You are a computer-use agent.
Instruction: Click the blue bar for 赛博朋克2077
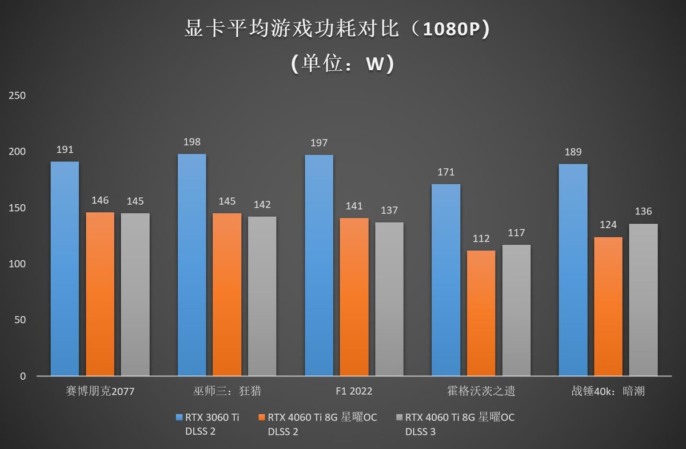[65, 269]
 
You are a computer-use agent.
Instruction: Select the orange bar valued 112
[480, 313]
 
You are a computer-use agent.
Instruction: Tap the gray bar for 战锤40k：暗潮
[643, 300]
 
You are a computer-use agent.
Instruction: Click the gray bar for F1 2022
[389, 299]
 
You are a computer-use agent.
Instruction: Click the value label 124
[608, 225]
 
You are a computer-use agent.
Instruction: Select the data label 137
[389, 210]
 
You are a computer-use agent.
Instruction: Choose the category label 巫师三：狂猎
[227, 392]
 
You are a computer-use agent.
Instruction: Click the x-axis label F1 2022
[354, 392]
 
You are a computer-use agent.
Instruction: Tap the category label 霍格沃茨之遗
[481, 392]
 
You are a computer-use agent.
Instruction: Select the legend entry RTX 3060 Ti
[211, 418]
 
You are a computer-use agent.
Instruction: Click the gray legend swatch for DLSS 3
[399, 417]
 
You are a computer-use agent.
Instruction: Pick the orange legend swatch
[262, 417]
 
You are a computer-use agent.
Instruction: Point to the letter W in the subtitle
[374, 65]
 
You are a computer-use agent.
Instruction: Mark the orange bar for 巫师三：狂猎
[227, 295]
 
